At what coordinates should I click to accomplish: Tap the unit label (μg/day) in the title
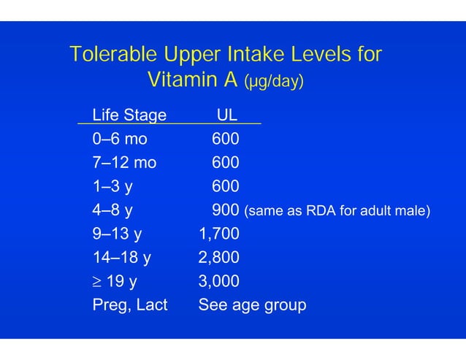274,82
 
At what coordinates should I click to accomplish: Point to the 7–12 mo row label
124,162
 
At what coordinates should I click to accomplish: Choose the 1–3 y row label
112,186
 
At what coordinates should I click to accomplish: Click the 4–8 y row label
112,210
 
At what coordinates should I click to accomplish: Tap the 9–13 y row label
117,234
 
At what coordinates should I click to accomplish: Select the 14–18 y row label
122,258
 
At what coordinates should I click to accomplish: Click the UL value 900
226,210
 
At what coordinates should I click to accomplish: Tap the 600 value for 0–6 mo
226,139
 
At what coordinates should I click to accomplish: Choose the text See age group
252,305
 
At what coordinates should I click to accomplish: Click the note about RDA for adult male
337,212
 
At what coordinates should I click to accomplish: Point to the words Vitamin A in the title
193,80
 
